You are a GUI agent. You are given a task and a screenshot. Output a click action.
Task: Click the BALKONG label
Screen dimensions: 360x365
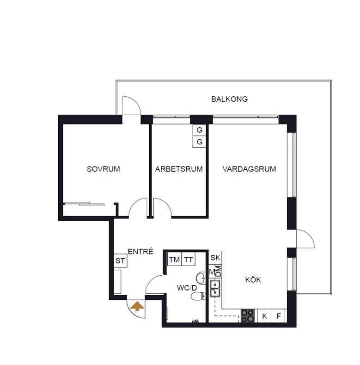click(229, 99)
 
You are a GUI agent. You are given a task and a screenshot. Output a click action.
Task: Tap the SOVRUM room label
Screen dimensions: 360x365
click(104, 169)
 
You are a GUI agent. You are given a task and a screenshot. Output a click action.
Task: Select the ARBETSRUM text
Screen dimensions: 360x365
click(179, 169)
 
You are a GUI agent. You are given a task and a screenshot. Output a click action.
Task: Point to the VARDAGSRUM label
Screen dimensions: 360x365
click(249, 169)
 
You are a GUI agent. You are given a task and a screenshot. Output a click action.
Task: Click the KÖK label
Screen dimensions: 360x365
click(253, 279)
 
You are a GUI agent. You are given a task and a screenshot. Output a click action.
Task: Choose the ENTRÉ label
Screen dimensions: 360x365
click(140, 251)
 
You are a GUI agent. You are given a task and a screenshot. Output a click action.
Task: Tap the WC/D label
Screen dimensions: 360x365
click(187, 288)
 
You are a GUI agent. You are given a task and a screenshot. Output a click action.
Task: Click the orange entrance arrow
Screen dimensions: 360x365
click(137, 306)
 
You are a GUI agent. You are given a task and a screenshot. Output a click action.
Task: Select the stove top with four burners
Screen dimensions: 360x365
click(248, 316)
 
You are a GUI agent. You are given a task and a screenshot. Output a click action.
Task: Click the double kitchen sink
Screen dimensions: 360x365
click(215, 288)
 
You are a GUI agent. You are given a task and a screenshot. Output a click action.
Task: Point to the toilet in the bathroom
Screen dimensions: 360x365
click(198, 297)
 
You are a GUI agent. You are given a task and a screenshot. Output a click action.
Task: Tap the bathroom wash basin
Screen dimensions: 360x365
click(201, 278)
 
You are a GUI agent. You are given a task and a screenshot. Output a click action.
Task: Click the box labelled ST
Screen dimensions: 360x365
click(120, 260)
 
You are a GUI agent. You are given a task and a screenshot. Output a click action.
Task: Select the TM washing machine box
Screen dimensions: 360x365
click(174, 259)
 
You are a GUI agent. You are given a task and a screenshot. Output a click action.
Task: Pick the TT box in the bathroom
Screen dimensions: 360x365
click(189, 259)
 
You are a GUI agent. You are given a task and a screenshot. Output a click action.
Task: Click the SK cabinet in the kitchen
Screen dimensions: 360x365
click(215, 258)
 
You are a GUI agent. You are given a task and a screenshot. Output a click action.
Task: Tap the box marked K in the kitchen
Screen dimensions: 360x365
click(264, 316)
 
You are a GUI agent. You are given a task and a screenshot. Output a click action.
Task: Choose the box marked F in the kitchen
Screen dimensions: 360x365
click(279, 316)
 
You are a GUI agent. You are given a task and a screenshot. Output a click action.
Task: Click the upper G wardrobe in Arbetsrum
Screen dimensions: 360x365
click(200, 130)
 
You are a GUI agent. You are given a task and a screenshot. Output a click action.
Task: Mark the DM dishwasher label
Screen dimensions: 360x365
click(219, 272)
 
